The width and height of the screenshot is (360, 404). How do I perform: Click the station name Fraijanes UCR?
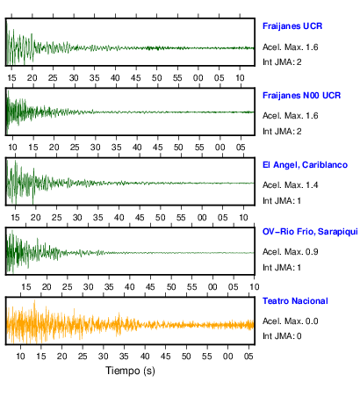click(292, 26)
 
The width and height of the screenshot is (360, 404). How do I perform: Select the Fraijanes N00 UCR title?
click(301, 96)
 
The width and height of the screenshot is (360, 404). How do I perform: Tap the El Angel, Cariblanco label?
click(305, 165)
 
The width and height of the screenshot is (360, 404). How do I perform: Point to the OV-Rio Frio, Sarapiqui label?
click(310, 232)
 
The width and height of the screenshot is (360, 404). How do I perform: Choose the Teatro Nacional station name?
click(295, 301)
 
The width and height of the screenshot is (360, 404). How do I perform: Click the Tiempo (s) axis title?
click(130, 371)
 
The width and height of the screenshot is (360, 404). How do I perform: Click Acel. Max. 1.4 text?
click(290, 185)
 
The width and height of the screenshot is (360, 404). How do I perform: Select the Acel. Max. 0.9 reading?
click(290, 252)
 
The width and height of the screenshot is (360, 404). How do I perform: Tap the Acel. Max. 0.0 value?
click(290, 321)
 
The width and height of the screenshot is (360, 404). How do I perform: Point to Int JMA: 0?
click(282, 336)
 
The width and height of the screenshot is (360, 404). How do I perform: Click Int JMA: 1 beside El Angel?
click(282, 201)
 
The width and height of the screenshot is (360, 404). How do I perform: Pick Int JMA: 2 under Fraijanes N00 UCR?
click(282, 132)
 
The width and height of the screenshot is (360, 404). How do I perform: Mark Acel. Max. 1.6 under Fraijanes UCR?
click(290, 47)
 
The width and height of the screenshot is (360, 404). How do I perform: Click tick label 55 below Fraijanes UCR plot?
click(177, 78)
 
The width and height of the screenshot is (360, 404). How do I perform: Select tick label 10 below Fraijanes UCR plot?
click(240, 78)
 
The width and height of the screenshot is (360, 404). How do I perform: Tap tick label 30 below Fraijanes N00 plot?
click(96, 148)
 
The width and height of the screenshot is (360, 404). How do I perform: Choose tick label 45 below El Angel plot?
click(140, 218)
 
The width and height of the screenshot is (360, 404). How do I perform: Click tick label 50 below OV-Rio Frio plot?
click(171, 287)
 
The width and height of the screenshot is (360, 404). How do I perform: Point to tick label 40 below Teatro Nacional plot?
click(145, 357)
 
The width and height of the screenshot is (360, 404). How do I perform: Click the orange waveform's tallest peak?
click(34, 300)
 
